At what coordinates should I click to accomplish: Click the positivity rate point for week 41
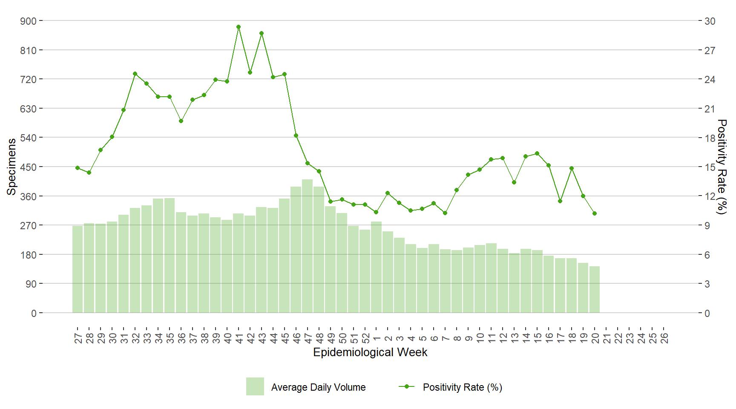click(239, 27)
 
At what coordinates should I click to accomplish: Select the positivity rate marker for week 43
click(262, 33)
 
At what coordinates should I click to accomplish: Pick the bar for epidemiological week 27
click(78, 269)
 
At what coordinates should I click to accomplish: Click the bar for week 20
click(595, 290)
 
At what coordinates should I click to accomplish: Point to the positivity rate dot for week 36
click(181, 121)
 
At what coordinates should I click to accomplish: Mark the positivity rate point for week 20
click(595, 213)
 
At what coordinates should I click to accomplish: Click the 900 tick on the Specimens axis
click(29, 21)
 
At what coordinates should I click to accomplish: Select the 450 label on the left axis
click(29, 167)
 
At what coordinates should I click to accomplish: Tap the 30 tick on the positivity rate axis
click(710, 21)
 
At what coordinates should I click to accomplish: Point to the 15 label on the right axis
click(710, 167)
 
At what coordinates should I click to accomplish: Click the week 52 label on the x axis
click(365, 338)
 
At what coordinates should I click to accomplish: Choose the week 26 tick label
click(664, 338)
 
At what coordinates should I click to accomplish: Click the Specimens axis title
click(11, 167)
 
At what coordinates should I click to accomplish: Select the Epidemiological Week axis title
click(370, 352)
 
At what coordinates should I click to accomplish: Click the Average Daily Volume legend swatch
click(255, 386)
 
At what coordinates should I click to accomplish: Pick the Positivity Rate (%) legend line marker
click(407, 386)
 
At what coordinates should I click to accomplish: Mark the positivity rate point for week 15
click(537, 153)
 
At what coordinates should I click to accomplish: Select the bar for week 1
click(377, 267)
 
